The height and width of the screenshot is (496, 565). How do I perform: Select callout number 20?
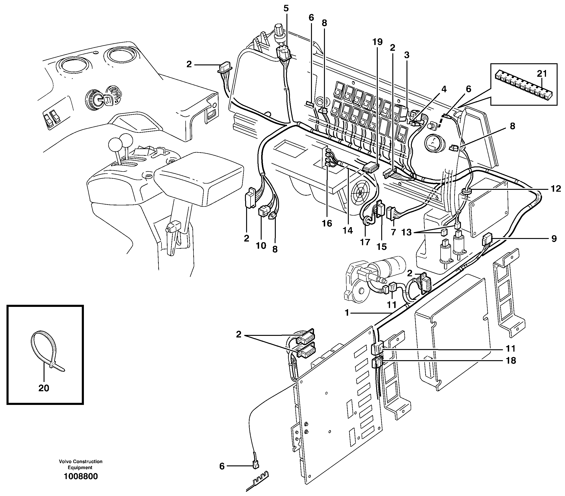tap(44, 388)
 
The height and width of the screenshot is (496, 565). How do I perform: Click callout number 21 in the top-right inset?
tap(542, 73)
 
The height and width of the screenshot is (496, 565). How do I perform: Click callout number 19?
tap(377, 42)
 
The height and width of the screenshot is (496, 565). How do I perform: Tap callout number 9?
tap(554, 238)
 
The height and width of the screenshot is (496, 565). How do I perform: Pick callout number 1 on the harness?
tap(347, 313)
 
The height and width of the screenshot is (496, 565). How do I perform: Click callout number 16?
tap(327, 223)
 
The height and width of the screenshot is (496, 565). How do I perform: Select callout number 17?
tap(365, 242)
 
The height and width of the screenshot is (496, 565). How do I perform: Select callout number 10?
tap(261, 245)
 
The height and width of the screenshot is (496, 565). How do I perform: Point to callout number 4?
tap(444, 89)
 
